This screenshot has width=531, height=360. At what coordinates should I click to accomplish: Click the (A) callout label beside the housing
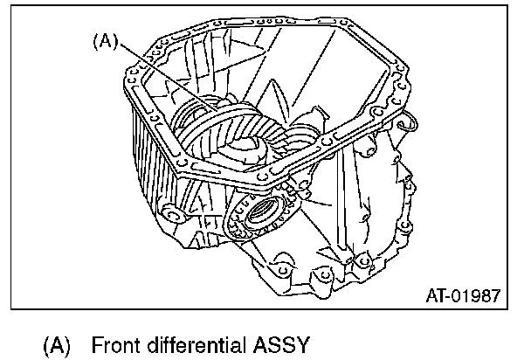(x=103, y=40)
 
